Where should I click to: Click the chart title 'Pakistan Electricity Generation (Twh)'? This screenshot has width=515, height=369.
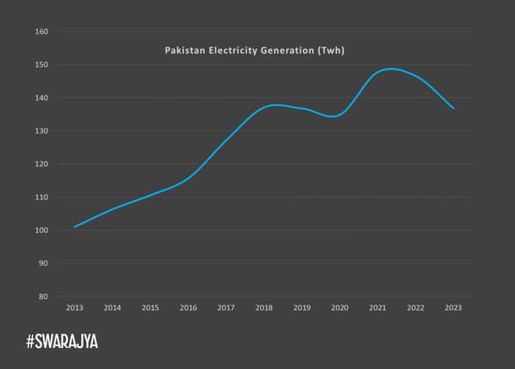point(254,51)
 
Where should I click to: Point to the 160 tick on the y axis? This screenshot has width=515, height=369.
point(41,32)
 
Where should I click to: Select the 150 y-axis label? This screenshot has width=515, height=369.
point(41,65)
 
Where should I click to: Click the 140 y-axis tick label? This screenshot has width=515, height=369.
point(41,98)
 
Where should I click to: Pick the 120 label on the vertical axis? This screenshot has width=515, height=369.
point(41,164)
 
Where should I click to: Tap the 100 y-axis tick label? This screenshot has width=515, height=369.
point(41,231)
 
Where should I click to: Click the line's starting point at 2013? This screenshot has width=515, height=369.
point(75,226)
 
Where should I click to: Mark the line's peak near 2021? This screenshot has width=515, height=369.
point(391,68)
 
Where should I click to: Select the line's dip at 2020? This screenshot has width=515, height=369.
point(336,116)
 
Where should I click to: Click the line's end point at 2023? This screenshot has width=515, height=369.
point(453,108)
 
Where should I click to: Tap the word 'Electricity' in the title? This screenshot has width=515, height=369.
point(237,51)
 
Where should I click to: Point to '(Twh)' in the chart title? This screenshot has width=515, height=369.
point(328,51)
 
